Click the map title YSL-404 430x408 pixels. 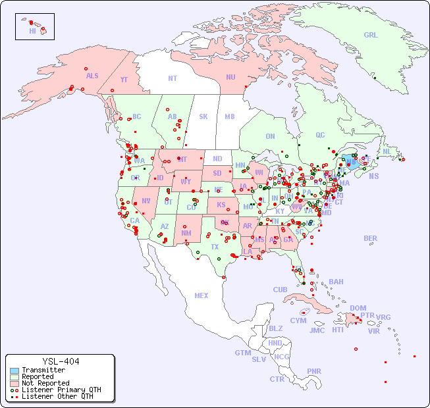click(x=61, y=361)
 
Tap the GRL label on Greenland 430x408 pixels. click(x=371, y=36)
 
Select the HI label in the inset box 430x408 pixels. click(x=32, y=31)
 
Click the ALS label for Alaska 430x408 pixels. click(x=92, y=76)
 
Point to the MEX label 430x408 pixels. click(x=202, y=295)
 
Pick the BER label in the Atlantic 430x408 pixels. click(x=371, y=238)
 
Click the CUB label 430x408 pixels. click(x=280, y=290)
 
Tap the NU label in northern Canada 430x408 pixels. click(x=230, y=77)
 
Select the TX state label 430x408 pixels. click(x=215, y=247)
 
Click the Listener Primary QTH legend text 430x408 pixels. click(x=61, y=390)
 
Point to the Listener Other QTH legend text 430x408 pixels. click(x=57, y=396)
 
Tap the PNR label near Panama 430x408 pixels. click(x=314, y=371)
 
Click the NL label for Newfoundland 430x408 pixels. click(x=387, y=151)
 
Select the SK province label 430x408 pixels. click(x=203, y=116)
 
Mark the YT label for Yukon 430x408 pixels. click(x=124, y=80)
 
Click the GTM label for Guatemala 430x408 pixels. click(x=242, y=353)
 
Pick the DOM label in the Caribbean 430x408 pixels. click(x=358, y=308)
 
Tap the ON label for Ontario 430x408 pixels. click(x=270, y=136)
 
